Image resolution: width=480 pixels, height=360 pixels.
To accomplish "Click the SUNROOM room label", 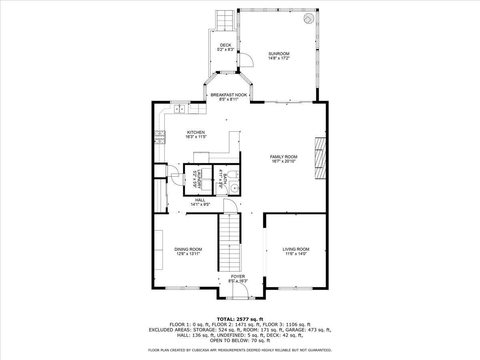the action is pyautogui.click(x=279, y=54).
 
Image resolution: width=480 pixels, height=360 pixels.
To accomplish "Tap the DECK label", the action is pyautogui.click(x=226, y=45).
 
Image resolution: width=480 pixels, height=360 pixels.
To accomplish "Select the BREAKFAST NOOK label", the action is pyautogui.click(x=229, y=95).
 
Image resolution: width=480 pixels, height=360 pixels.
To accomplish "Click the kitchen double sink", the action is pyautogui.click(x=179, y=109).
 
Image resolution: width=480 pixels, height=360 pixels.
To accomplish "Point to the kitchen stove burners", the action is pyautogui.click(x=160, y=138).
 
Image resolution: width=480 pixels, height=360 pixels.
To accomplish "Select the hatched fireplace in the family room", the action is pyautogui.click(x=320, y=158).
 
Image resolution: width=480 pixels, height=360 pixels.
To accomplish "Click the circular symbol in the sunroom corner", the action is pyautogui.click(x=309, y=18).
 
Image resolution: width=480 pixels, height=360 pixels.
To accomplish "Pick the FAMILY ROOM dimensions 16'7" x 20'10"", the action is pyautogui.click(x=284, y=161).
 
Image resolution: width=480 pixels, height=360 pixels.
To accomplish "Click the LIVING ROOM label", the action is pyautogui.click(x=296, y=249).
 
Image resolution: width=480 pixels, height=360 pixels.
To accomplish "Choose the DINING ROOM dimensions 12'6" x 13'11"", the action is pyautogui.click(x=188, y=254).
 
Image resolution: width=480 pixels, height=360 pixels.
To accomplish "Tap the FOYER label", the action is pyautogui.click(x=238, y=276).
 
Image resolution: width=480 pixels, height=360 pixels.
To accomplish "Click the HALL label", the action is pyautogui.click(x=200, y=200).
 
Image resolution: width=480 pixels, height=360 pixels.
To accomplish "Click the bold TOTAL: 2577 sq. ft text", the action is pyautogui.click(x=240, y=319).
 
